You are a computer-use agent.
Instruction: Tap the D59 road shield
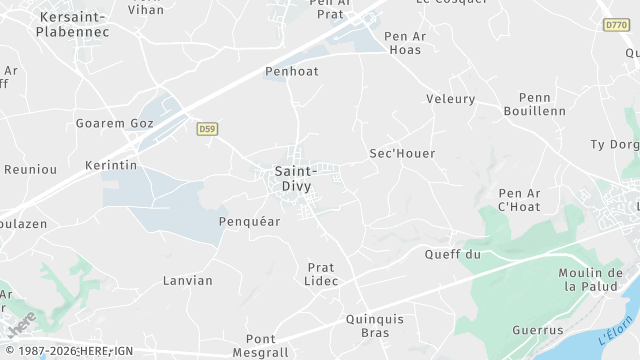[207, 128]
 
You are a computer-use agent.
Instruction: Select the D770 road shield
[615, 25]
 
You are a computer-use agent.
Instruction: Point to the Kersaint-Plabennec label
[72, 24]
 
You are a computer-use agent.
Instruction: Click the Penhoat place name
[291, 72]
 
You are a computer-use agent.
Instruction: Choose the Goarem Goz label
[115, 124]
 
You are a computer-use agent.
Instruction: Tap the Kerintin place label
[111, 165]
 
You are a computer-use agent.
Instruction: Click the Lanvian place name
[188, 281]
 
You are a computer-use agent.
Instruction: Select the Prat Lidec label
[322, 274]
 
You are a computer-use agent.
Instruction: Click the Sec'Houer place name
[402, 154]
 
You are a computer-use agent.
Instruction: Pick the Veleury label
[450, 99]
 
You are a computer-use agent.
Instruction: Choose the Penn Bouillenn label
[542, 104]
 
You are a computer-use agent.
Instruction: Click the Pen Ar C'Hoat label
[519, 199]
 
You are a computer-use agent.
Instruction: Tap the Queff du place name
[453, 255]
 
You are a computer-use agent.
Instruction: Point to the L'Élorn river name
[616, 330]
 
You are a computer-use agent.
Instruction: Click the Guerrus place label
[538, 330]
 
